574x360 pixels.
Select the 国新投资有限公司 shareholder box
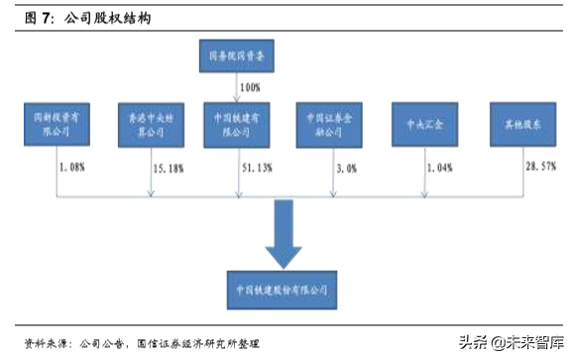(54, 123)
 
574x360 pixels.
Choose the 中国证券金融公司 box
(330, 123)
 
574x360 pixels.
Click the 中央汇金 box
(425, 123)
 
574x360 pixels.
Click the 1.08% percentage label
(72, 169)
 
